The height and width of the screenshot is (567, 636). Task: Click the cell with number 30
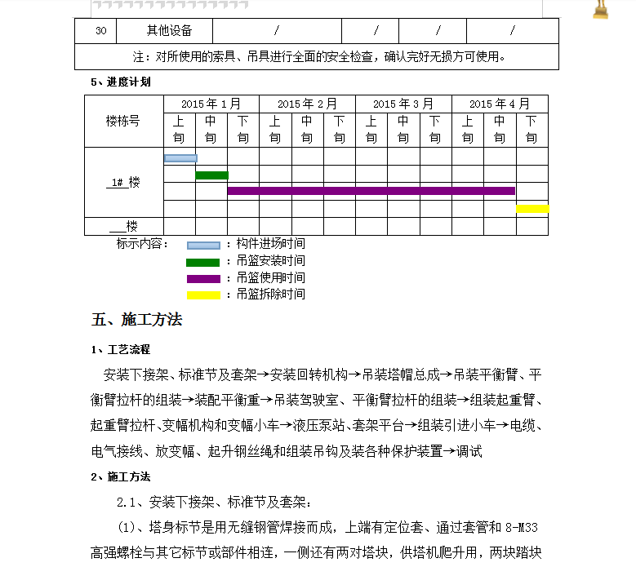(x=100, y=31)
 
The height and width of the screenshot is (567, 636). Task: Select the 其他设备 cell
(x=169, y=31)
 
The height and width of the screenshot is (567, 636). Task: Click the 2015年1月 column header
(x=211, y=104)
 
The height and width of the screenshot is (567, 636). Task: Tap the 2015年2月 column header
(x=307, y=104)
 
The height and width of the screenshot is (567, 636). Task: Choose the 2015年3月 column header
(x=403, y=104)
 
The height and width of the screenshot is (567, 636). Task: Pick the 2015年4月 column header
(x=499, y=104)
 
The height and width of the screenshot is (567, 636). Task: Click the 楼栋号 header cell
(x=123, y=121)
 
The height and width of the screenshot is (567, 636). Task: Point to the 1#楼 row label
(x=123, y=182)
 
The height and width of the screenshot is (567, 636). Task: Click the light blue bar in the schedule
(x=180, y=158)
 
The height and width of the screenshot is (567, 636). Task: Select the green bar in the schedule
(x=211, y=175)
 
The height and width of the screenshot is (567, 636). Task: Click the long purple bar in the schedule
(x=371, y=191)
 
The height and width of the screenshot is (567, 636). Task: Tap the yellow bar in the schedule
(x=532, y=209)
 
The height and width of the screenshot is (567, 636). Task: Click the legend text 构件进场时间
(x=270, y=244)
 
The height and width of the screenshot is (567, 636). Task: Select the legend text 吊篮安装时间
(x=270, y=261)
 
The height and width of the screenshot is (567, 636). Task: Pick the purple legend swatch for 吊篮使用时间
(x=203, y=279)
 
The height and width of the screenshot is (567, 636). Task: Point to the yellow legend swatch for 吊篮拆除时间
(x=203, y=295)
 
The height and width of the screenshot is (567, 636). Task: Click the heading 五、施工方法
(x=136, y=319)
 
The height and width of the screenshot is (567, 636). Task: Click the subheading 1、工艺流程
(x=120, y=349)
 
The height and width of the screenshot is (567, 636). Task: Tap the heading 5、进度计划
(x=120, y=82)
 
